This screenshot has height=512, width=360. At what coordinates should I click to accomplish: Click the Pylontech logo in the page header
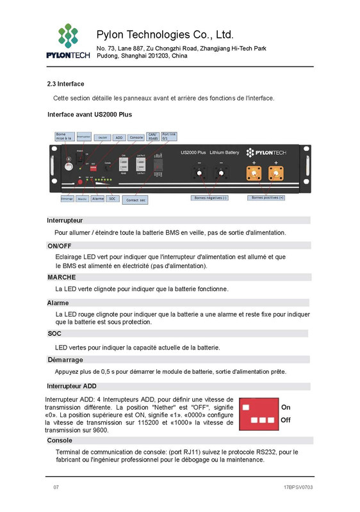tap(67, 41)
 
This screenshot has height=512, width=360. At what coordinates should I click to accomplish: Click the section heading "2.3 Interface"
tap(65, 84)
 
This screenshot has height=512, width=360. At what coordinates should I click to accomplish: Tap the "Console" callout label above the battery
tap(136, 138)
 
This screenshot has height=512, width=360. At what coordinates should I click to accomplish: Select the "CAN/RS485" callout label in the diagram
tap(153, 136)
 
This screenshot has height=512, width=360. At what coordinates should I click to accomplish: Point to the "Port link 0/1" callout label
tap(168, 136)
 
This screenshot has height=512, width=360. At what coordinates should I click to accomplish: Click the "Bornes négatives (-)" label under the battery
tap(210, 198)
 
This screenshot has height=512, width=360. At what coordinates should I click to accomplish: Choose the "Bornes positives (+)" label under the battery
tap(268, 198)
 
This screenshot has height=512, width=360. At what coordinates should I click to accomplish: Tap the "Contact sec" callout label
tap(136, 200)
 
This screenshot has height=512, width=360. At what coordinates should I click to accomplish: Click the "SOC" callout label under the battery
tap(112, 199)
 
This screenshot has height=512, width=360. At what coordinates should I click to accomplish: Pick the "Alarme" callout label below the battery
tap(97, 199)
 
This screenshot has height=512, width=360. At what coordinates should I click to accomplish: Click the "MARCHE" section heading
tap(61, 277)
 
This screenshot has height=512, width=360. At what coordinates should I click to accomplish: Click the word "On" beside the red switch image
tap(286, 407)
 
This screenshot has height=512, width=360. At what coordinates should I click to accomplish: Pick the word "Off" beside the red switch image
tap(286, 420)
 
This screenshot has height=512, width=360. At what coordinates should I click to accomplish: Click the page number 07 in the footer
tap(56, 487)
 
